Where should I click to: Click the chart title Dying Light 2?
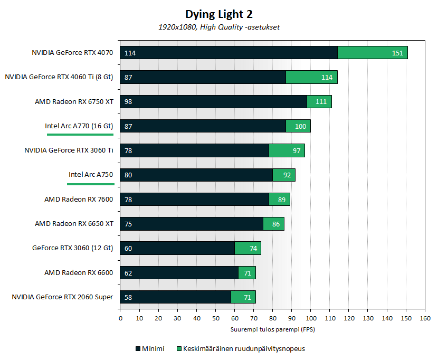(x=218, y=14)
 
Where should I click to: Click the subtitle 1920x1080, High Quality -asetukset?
(x=218, y=27)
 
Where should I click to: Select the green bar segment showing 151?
(x=372, y=53)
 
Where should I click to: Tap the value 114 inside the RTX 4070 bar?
(x=130, y=53)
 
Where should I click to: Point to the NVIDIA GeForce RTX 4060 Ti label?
(x=59, y=77)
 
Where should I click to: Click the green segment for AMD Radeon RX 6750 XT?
(x=319, y=101)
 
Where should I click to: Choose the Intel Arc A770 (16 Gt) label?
(x=79, y=126)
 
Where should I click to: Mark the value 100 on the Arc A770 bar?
(x=300, y=126)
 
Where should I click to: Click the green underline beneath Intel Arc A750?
(x=91, y=184)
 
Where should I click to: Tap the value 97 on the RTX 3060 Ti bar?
(x=297, y=150)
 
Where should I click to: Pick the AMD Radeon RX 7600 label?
(x=79, y=199)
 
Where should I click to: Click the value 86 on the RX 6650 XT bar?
(x=275, y=224)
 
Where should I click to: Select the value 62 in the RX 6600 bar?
(x=128, y=273)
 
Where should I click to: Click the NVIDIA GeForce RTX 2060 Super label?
(x=62, y=297)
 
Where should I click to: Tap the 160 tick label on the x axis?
(x=424, y=318)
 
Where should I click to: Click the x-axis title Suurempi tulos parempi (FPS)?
(x=272, y=329)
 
